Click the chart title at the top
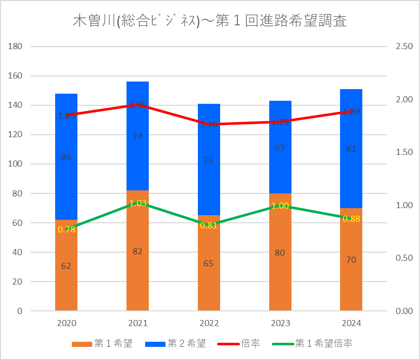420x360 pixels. pyautogui.click(x=210, y=22)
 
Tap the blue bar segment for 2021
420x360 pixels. pyautogui.click(x=138, y=152)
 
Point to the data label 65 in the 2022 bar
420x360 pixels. pyautogui.click(x=208, y=263)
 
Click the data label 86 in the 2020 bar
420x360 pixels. pyautogui.click(x=66, y=157)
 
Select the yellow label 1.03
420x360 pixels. pyautogui.click(x=138, y=203)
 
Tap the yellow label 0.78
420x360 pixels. pyautogui.click(x=66, y=229)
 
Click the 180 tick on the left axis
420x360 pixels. pyautogui.click(x=16, y=47)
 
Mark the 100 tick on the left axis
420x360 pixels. pyautogui.click(x=16, y=164)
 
